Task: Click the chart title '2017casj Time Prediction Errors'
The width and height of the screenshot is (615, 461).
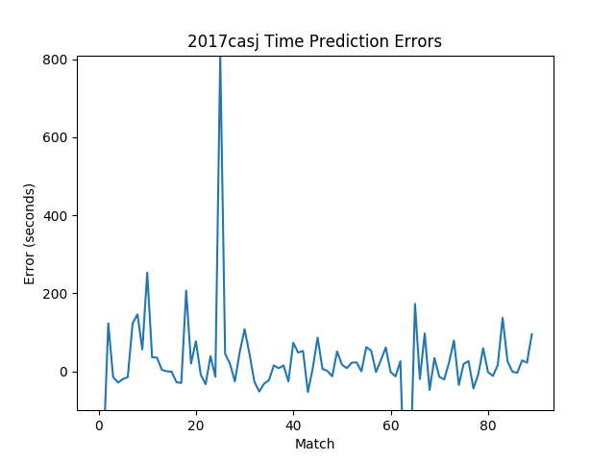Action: coord(314,42)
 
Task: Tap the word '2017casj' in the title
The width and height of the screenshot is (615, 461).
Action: coord(220,42)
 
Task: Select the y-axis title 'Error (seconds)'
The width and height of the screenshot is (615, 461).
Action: coord(30,233)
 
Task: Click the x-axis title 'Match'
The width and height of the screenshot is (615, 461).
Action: coord(314,444)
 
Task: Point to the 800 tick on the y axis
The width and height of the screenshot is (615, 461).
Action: coord(55,60)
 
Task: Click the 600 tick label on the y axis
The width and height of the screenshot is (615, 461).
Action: coord(55,137)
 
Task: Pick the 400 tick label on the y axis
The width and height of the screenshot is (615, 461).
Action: coord(55,215)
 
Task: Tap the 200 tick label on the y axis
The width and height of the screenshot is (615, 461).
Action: coord(55,294)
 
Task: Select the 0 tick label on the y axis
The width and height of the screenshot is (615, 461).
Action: coord(64,372)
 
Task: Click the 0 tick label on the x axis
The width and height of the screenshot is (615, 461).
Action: coord(99,426)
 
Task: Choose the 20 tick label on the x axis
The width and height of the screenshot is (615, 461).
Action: coord(196,426)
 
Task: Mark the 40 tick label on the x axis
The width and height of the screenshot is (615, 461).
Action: coord(293,426)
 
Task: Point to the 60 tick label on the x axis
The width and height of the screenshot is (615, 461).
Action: coord(391,426)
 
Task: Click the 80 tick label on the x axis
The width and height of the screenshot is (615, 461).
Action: coord(488,426)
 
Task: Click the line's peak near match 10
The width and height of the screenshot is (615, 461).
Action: coord(147,273)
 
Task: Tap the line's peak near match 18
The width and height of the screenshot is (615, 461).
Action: coord(186,291)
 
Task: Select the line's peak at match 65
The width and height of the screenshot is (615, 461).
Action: coord(415,303)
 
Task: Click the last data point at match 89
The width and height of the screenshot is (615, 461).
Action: coord(531,334)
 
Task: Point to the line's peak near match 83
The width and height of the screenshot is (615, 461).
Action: coord(503,318)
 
